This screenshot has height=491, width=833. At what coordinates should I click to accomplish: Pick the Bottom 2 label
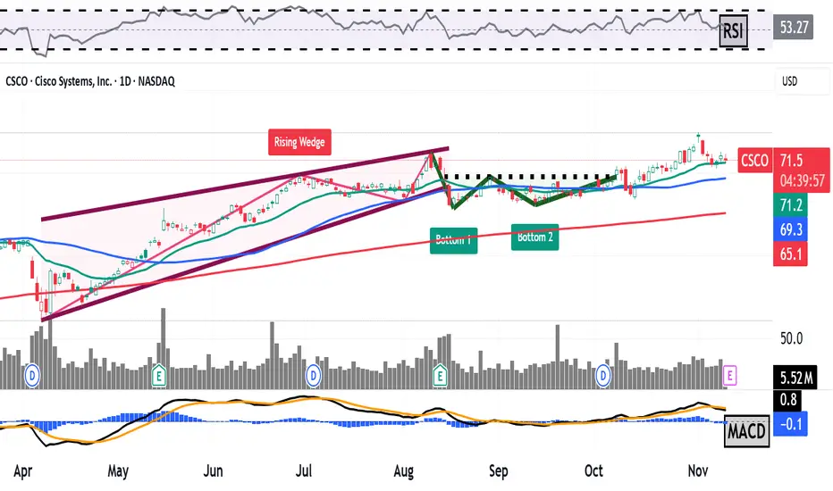(535, 237)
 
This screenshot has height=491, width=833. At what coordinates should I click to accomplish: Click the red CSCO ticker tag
(755, 160)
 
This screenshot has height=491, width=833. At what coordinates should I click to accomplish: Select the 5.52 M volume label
(794, 378)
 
